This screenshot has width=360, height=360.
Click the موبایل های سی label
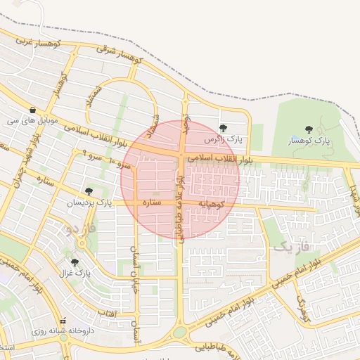pos(31,121)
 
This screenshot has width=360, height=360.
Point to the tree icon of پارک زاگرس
pos(223,128)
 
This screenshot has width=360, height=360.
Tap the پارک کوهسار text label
pos(309,141)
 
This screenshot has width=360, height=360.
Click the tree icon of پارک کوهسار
pos(309,129)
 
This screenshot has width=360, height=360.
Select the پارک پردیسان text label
pos(89,202)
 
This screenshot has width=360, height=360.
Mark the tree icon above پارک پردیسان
pos(89,191)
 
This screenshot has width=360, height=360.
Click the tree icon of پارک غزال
pos(75,262)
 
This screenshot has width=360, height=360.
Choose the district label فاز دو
pos(78,229)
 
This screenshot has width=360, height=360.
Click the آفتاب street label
pos(105,311)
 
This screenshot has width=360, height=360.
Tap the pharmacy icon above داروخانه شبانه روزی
pos(63,321)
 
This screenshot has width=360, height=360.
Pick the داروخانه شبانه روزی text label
pos(58,331)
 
